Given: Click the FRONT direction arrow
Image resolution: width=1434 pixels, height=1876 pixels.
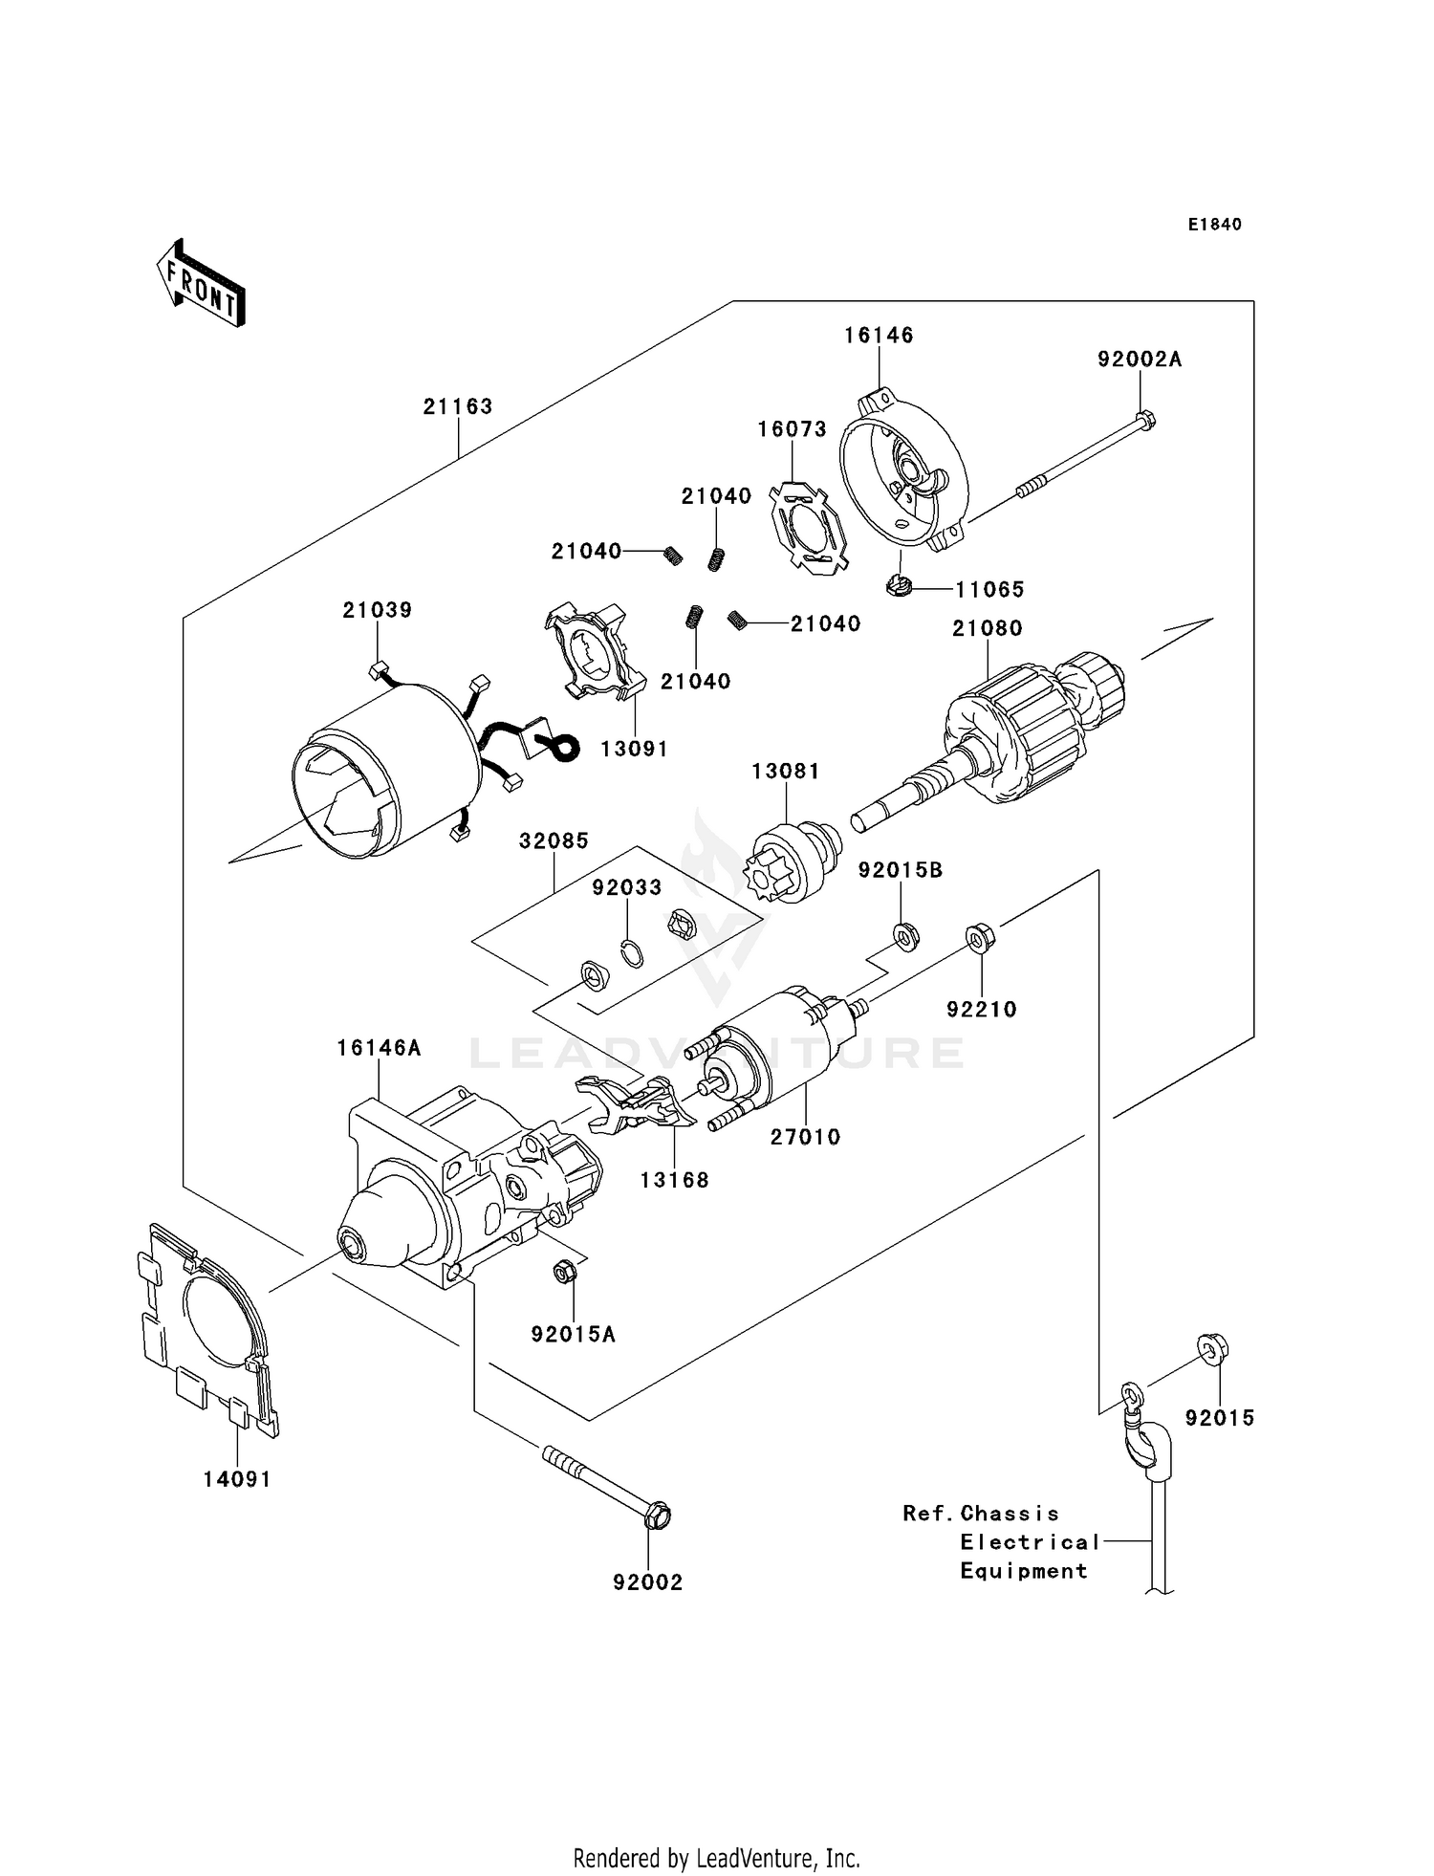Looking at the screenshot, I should click(x=201, y=284).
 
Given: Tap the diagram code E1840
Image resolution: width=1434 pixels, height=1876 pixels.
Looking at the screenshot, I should click(x=1214, y=225).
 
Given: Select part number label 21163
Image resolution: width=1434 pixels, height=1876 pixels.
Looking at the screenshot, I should click(x=458, y=406).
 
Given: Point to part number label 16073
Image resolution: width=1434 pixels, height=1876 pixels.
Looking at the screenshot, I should click(x=792, y=430).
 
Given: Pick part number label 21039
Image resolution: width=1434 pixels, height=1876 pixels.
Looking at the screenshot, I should click(x=378, y=610).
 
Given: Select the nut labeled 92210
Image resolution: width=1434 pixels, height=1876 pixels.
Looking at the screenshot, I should click(x=977, y=937).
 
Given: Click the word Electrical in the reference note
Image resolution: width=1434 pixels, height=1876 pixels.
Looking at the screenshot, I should click(x=1030, y=1542).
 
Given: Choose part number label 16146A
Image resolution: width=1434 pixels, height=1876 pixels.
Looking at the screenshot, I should click(x=379, y=1048).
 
